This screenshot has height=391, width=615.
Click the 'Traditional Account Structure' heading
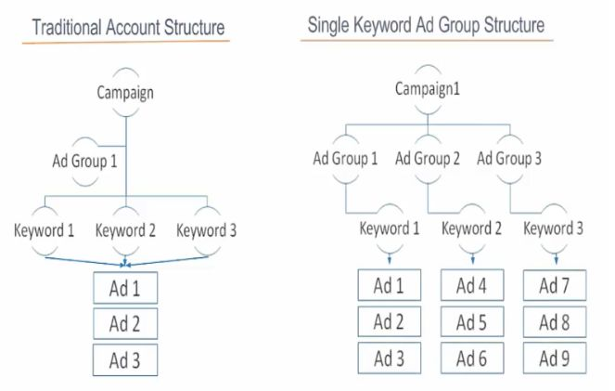click(x=128, y=27)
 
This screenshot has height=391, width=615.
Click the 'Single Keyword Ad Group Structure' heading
click(x=426, y=25)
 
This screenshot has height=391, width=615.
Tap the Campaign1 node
click(x=427, y=89)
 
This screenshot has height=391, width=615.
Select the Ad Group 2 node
click(x=427, y=159)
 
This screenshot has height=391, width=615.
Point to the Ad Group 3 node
click(x=509, y=159)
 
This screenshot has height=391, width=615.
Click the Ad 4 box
click(x=472, y=285)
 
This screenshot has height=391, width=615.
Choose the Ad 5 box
click(x=472, y=322)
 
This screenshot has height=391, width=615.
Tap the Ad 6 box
click(x=472, y=358)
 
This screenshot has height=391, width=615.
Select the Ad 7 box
click(x=555, y=285)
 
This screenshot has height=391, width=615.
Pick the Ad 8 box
click(x=555, y=322)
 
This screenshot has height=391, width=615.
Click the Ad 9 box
click(x=555, y=358)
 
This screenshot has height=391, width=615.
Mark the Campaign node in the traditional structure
click(x=125, y=93)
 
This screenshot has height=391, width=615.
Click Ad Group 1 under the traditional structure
click(x=84, y=161)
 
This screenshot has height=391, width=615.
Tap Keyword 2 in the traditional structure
click(x=125, y=230)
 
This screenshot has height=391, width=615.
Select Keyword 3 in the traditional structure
click(x=206, y=230)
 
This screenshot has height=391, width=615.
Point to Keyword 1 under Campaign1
click(x=389, y=228)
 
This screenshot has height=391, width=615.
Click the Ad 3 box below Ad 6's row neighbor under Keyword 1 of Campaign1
click(x=389, y=358)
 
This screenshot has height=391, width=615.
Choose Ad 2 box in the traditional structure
click(x=125, y=324)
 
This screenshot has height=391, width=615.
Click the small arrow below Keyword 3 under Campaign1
click(x=556, y=258)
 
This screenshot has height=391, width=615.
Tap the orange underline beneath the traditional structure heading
click(x=125, y=41)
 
